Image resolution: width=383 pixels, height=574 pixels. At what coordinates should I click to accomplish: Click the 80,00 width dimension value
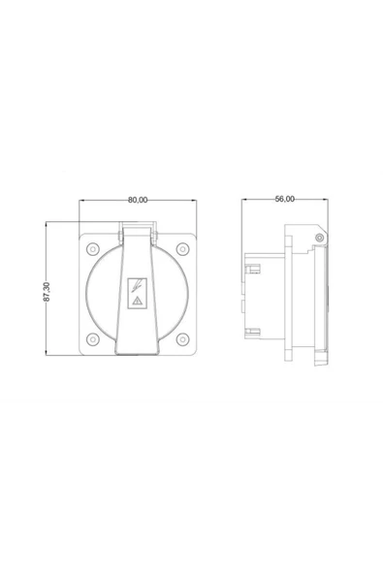point(138,201)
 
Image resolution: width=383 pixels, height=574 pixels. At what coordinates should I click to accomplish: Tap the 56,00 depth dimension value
point(284,199)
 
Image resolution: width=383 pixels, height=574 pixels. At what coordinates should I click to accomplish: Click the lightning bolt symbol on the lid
point(137,286)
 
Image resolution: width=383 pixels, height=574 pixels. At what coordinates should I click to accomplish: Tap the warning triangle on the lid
point(137,303)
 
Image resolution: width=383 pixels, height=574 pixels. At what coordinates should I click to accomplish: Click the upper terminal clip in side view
point(252,265)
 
